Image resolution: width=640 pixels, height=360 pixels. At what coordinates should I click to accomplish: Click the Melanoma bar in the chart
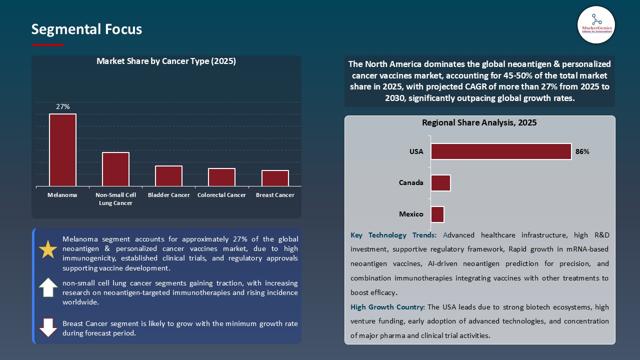click(62, 150)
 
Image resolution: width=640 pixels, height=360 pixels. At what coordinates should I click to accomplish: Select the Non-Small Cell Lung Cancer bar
click(115, 169)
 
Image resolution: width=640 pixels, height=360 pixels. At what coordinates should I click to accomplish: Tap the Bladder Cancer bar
click(168, 176)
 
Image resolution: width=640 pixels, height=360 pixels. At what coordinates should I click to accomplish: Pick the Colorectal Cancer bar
click(221, 177)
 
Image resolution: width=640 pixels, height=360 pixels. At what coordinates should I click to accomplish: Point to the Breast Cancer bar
click(275, 178)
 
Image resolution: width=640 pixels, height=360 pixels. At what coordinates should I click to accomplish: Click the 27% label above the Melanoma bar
click(63, 107)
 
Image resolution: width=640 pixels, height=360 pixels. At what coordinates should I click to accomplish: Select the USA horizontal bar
click(501, 151)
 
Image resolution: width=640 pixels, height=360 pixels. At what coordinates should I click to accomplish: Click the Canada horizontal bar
click(440, 183)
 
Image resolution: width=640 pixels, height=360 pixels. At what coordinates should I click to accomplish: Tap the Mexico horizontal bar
click(437, 214)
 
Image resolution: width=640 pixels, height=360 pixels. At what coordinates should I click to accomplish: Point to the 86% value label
click(582, 151)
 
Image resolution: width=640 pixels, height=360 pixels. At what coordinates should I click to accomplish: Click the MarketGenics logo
click(596, 24)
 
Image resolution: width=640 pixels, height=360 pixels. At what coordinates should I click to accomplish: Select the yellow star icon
click(48, 249)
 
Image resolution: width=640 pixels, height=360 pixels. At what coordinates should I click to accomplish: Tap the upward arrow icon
click(48, 287)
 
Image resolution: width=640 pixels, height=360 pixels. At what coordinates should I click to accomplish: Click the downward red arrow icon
click(48, 327)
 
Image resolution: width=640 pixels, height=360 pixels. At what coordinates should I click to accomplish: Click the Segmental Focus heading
click(86, 29)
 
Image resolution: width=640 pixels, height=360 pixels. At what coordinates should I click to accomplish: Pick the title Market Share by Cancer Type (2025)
click(166, 61)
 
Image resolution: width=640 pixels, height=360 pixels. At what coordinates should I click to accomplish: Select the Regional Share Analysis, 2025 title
click(479, 122)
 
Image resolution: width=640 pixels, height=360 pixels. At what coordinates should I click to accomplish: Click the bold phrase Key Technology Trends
click(393, 235)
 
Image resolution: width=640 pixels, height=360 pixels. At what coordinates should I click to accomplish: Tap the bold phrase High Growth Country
click(387, 307)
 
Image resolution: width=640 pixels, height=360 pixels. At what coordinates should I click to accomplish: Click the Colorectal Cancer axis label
click(221, 195)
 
